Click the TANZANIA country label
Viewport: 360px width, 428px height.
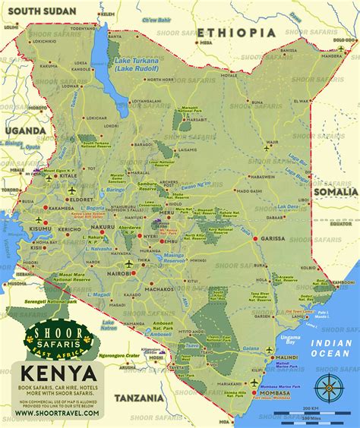[x=140, y=398]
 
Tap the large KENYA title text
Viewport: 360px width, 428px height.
[x=58, y=374]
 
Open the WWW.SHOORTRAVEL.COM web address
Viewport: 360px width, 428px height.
[x=58, y=416]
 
